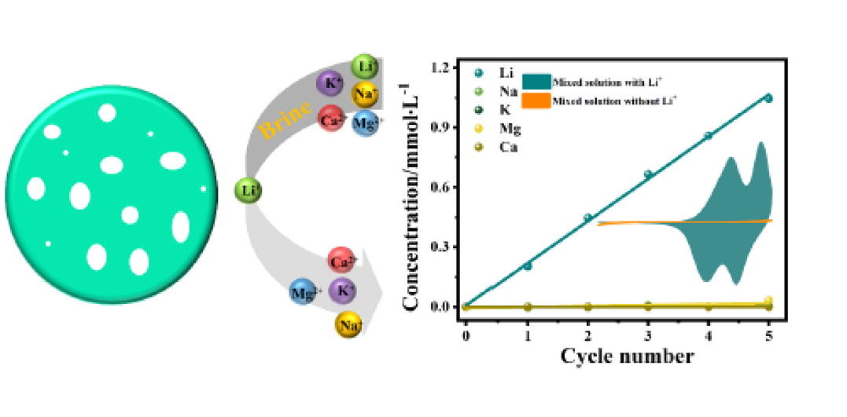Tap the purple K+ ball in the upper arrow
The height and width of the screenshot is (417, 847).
point(329,82)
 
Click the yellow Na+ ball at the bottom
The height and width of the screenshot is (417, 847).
point(348,324)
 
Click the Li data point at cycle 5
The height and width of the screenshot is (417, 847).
point(768,98)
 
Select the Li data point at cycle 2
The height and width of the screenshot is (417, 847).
point(587,218)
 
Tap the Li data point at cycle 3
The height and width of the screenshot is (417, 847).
point(648,174)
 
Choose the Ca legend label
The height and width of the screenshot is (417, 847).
point(507,145)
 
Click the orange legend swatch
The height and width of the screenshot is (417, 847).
point(535,101)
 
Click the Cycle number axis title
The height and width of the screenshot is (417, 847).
point(627,357)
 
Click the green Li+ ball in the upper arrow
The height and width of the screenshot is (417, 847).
point(363,65)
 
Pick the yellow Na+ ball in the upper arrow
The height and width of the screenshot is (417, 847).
point(364,93)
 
